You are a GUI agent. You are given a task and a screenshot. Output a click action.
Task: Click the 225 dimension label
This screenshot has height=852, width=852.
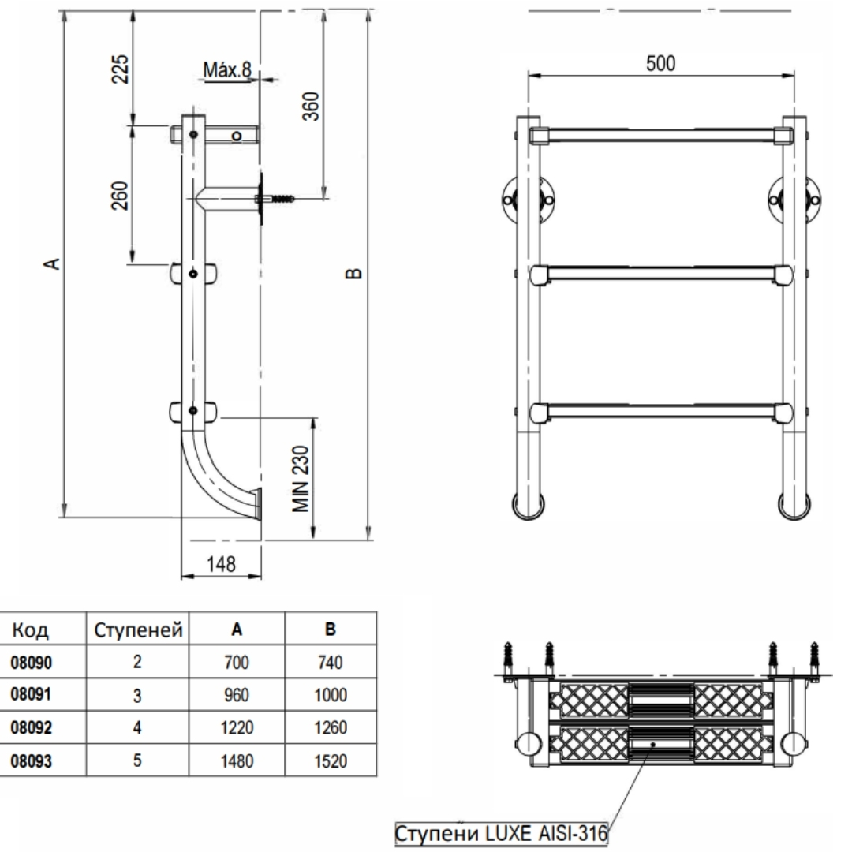tap(121, 69)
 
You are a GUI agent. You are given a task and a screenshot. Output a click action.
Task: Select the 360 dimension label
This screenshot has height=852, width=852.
tap(311, 106)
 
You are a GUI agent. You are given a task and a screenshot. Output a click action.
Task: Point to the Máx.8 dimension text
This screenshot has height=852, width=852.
tap(227, 69)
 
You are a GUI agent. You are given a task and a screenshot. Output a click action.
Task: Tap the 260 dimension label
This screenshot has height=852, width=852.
tap(121, 196)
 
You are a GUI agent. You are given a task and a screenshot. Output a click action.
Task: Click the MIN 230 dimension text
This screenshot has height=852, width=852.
tap(301, 479)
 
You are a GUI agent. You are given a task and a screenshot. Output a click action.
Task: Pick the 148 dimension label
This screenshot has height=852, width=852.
tap(222, 564)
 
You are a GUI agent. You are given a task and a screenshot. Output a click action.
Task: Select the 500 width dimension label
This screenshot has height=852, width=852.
tap(661, 64)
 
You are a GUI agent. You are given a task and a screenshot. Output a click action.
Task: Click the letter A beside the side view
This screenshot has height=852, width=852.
tap(52, 264)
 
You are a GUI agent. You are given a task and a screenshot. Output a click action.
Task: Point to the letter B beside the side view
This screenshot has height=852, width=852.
tap(353, 273)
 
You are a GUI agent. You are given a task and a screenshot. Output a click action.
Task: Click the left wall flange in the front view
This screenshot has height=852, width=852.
tap(527, 200)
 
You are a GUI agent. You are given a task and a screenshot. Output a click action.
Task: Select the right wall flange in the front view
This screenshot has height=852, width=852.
tap(794, 200)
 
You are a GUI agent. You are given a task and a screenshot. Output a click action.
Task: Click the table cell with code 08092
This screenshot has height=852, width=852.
tap(32, 727)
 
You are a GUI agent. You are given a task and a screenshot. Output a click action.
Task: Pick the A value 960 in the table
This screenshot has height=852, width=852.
tap(237, 695)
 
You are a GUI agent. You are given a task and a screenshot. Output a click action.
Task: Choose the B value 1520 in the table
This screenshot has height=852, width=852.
tap(331, 760)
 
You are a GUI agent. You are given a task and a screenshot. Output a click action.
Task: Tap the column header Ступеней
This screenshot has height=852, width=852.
tap(138, 630)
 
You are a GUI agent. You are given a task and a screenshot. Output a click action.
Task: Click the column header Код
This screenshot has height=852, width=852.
tap(31, 630)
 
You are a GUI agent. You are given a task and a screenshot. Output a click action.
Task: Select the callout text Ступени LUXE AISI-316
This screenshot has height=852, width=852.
tap(501, 833)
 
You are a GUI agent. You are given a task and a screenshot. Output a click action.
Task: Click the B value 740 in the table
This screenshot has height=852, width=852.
tap(331, 663)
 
